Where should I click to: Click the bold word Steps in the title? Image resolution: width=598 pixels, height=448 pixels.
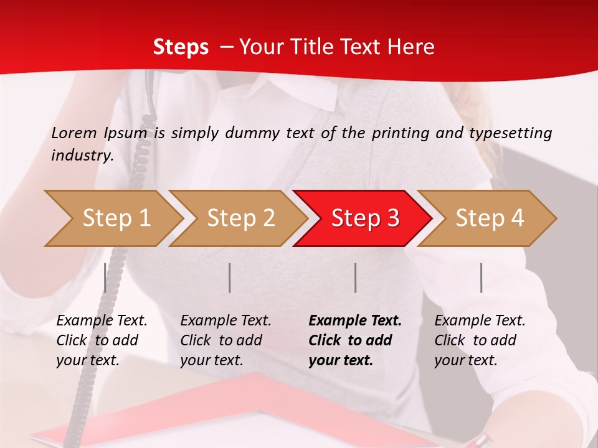(181, 47)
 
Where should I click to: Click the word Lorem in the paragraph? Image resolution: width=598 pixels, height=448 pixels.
(74, 133)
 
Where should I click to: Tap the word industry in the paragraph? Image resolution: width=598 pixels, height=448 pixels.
(82, 156)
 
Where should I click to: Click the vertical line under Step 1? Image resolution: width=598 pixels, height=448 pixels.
(105, 278)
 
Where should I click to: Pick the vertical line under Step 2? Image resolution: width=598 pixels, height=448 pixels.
(230, 278)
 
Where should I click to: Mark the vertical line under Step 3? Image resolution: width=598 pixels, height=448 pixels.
(355, 278)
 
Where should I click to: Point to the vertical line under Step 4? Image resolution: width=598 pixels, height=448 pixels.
(481, 278)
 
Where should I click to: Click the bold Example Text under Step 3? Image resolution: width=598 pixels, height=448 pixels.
(355, 321)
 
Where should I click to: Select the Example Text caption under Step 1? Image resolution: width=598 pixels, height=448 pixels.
(102, 321)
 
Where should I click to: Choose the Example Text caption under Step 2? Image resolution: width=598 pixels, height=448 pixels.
(225, 321)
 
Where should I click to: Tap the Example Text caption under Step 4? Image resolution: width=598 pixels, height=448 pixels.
(480, 321)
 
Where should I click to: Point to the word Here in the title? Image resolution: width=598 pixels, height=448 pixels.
(414, 47)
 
